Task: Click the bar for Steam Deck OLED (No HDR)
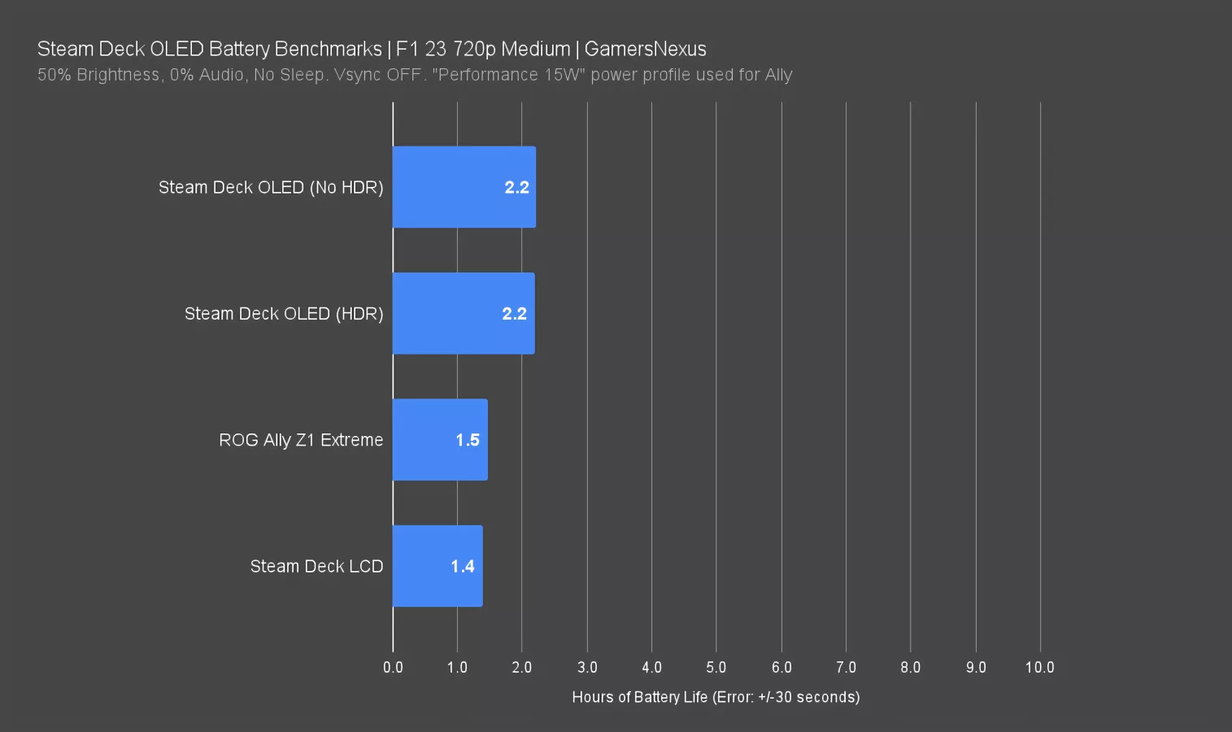[x=464, y=187]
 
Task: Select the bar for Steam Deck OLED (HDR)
[x=464, y=313]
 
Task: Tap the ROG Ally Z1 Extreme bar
[x=439, y=439]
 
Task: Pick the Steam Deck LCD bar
[x=437, y=566]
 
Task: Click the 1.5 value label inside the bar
[x=468, y=440]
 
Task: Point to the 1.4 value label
[x=463, y=566]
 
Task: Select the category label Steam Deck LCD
[x=316, y=566]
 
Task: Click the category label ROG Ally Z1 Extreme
[x=301, y=440]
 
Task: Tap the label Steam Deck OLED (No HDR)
[x=271, y=187]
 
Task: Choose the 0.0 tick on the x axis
[x=393, y=667]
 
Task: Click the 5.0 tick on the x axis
[x=716, y=667]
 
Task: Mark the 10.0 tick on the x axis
[x=1039, y=667]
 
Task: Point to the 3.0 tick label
[x=587, y=667]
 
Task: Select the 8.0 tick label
[x=910, y=667]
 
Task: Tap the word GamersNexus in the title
[x=645, y=49]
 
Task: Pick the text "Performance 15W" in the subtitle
[x=508, y=75]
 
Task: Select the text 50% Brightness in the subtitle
[x=98, y=75]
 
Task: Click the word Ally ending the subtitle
[x=778, y=75]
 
